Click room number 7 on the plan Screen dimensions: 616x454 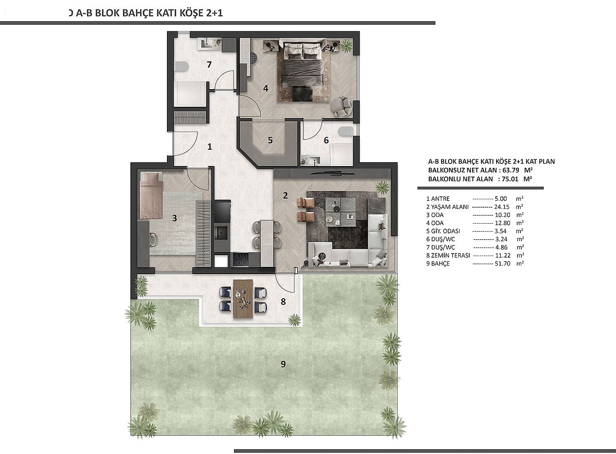(209, 65)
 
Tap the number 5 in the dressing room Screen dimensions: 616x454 (270, 140)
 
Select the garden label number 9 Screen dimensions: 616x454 (283, 364)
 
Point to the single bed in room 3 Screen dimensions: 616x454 (151, 195)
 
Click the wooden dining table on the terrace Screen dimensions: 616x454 (243, 299)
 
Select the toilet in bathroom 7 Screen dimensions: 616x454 (181, 67)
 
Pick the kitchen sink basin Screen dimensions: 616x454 (222, 233)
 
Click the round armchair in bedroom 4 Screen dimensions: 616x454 (341, 107)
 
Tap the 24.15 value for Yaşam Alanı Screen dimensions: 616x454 (502, 207)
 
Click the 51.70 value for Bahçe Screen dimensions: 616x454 (503, 264)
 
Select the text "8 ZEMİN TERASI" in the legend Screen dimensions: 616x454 (448, 255)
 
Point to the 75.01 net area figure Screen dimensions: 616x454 (510, 179)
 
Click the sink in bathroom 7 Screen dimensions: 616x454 (206, 43)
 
